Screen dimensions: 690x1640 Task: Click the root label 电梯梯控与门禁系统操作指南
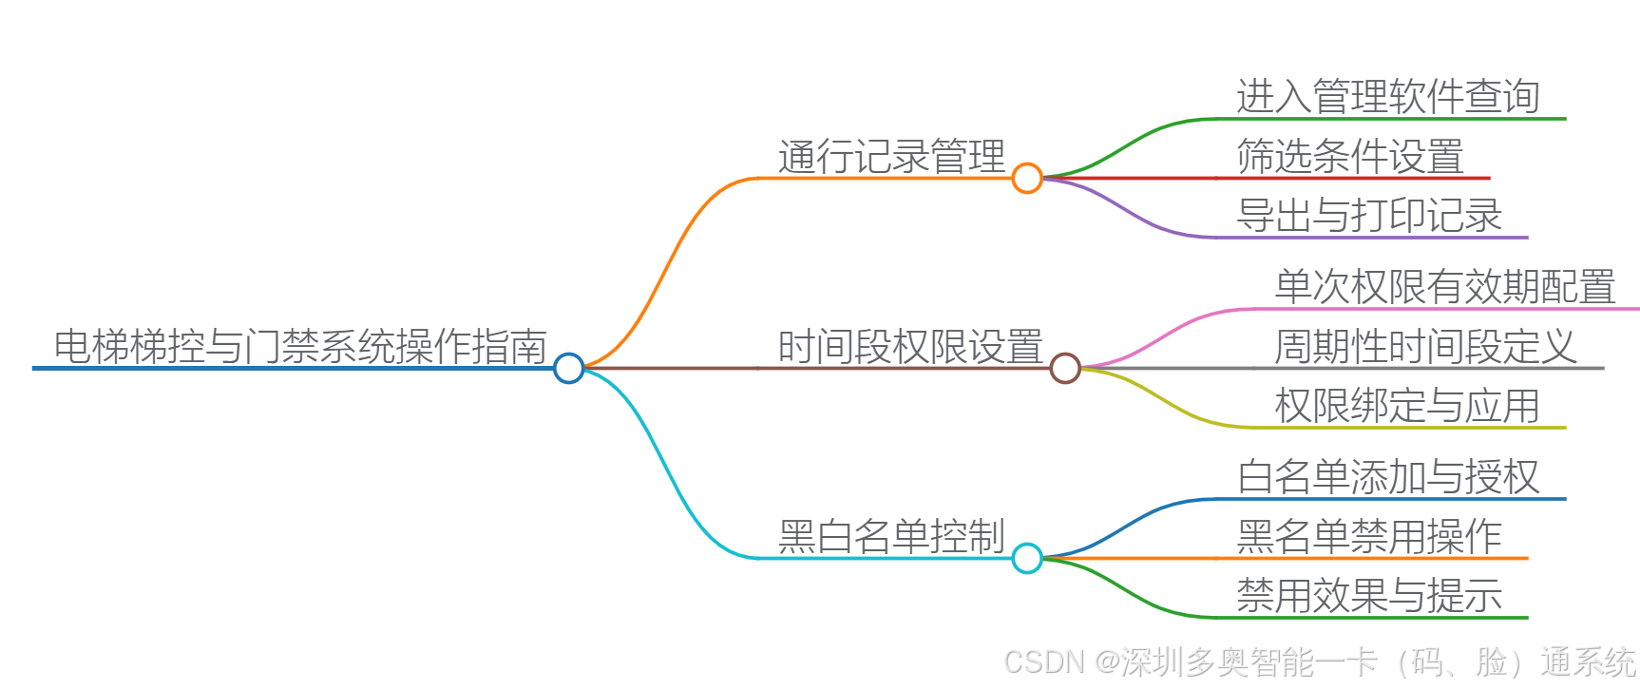coord(300,346)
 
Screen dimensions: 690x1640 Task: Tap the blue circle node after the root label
coord(568,368)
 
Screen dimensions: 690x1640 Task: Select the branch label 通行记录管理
coord(891,157)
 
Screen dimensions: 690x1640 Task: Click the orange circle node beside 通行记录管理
coord(1027,178)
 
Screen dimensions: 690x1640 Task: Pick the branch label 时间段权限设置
coord(910,347)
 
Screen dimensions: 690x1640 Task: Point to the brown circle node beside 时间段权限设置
coord(1065,368)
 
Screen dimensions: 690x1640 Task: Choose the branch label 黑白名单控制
coord(891,537)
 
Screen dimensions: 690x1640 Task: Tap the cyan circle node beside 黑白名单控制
coord(1027,558)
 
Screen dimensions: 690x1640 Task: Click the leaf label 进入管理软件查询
coord(1387,97)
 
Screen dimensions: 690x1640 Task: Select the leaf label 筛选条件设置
coord(1349,157)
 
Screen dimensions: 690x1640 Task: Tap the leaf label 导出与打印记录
coord(1368,216)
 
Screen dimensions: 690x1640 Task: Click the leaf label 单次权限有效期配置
coord(1444,287)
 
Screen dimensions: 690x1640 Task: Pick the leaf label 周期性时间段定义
coord(1425,347)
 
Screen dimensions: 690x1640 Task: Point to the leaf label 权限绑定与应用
coord(1406,406)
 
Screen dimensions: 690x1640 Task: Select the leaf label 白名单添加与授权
coord(1387,477)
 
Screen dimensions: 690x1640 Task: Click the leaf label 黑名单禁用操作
coord(1368,537)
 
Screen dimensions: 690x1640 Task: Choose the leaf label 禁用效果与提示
coord(1368,596)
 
